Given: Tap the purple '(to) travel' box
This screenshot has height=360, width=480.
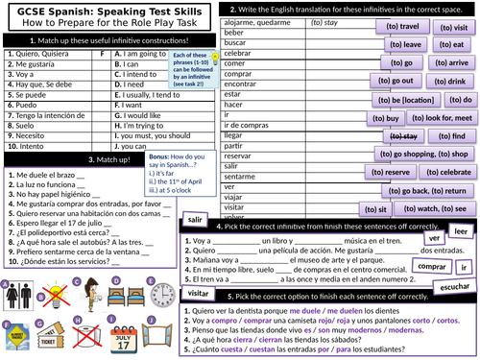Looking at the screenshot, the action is point(408,27).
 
